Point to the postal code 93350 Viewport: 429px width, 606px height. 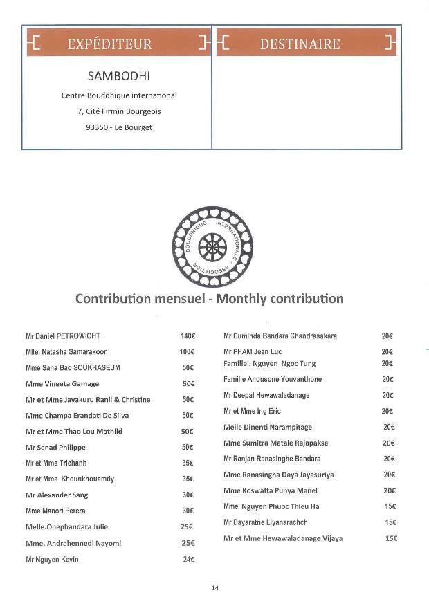coord(89,127)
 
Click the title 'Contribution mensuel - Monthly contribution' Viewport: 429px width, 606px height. coord(209,299)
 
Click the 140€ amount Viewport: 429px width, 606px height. coord(188,336)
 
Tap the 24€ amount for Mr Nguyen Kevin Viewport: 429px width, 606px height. coord(188,560)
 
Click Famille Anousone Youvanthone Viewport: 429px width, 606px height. coord(273,379)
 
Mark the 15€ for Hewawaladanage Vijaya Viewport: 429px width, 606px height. coord(391,538)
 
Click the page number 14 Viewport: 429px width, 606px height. coord(214,588)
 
